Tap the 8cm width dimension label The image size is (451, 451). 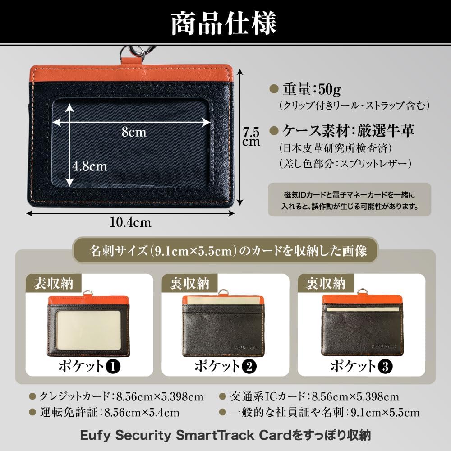(x=133, y=132)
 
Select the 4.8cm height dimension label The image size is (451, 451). (x=90, y=166)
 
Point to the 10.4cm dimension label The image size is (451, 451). (x=131, y=222)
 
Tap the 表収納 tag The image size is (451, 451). (x=54, y=283)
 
